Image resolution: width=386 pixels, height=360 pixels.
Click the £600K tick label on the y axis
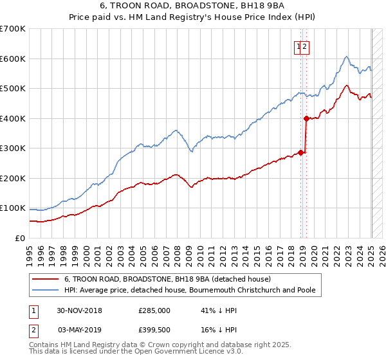click(13, 59)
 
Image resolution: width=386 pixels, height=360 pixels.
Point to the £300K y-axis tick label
click(13, 148)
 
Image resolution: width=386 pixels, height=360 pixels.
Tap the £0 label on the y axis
click(21, 239)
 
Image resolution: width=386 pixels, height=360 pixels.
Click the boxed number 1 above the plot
click(299, 46)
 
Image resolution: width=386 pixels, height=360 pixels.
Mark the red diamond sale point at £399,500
click(306, 118)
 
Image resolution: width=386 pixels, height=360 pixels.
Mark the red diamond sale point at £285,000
click(300, 152)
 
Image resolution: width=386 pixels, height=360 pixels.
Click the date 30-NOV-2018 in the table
click(80, 310)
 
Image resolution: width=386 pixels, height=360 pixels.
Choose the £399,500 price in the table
click(154, 328)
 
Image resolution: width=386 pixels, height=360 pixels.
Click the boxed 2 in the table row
click(33, 328)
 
